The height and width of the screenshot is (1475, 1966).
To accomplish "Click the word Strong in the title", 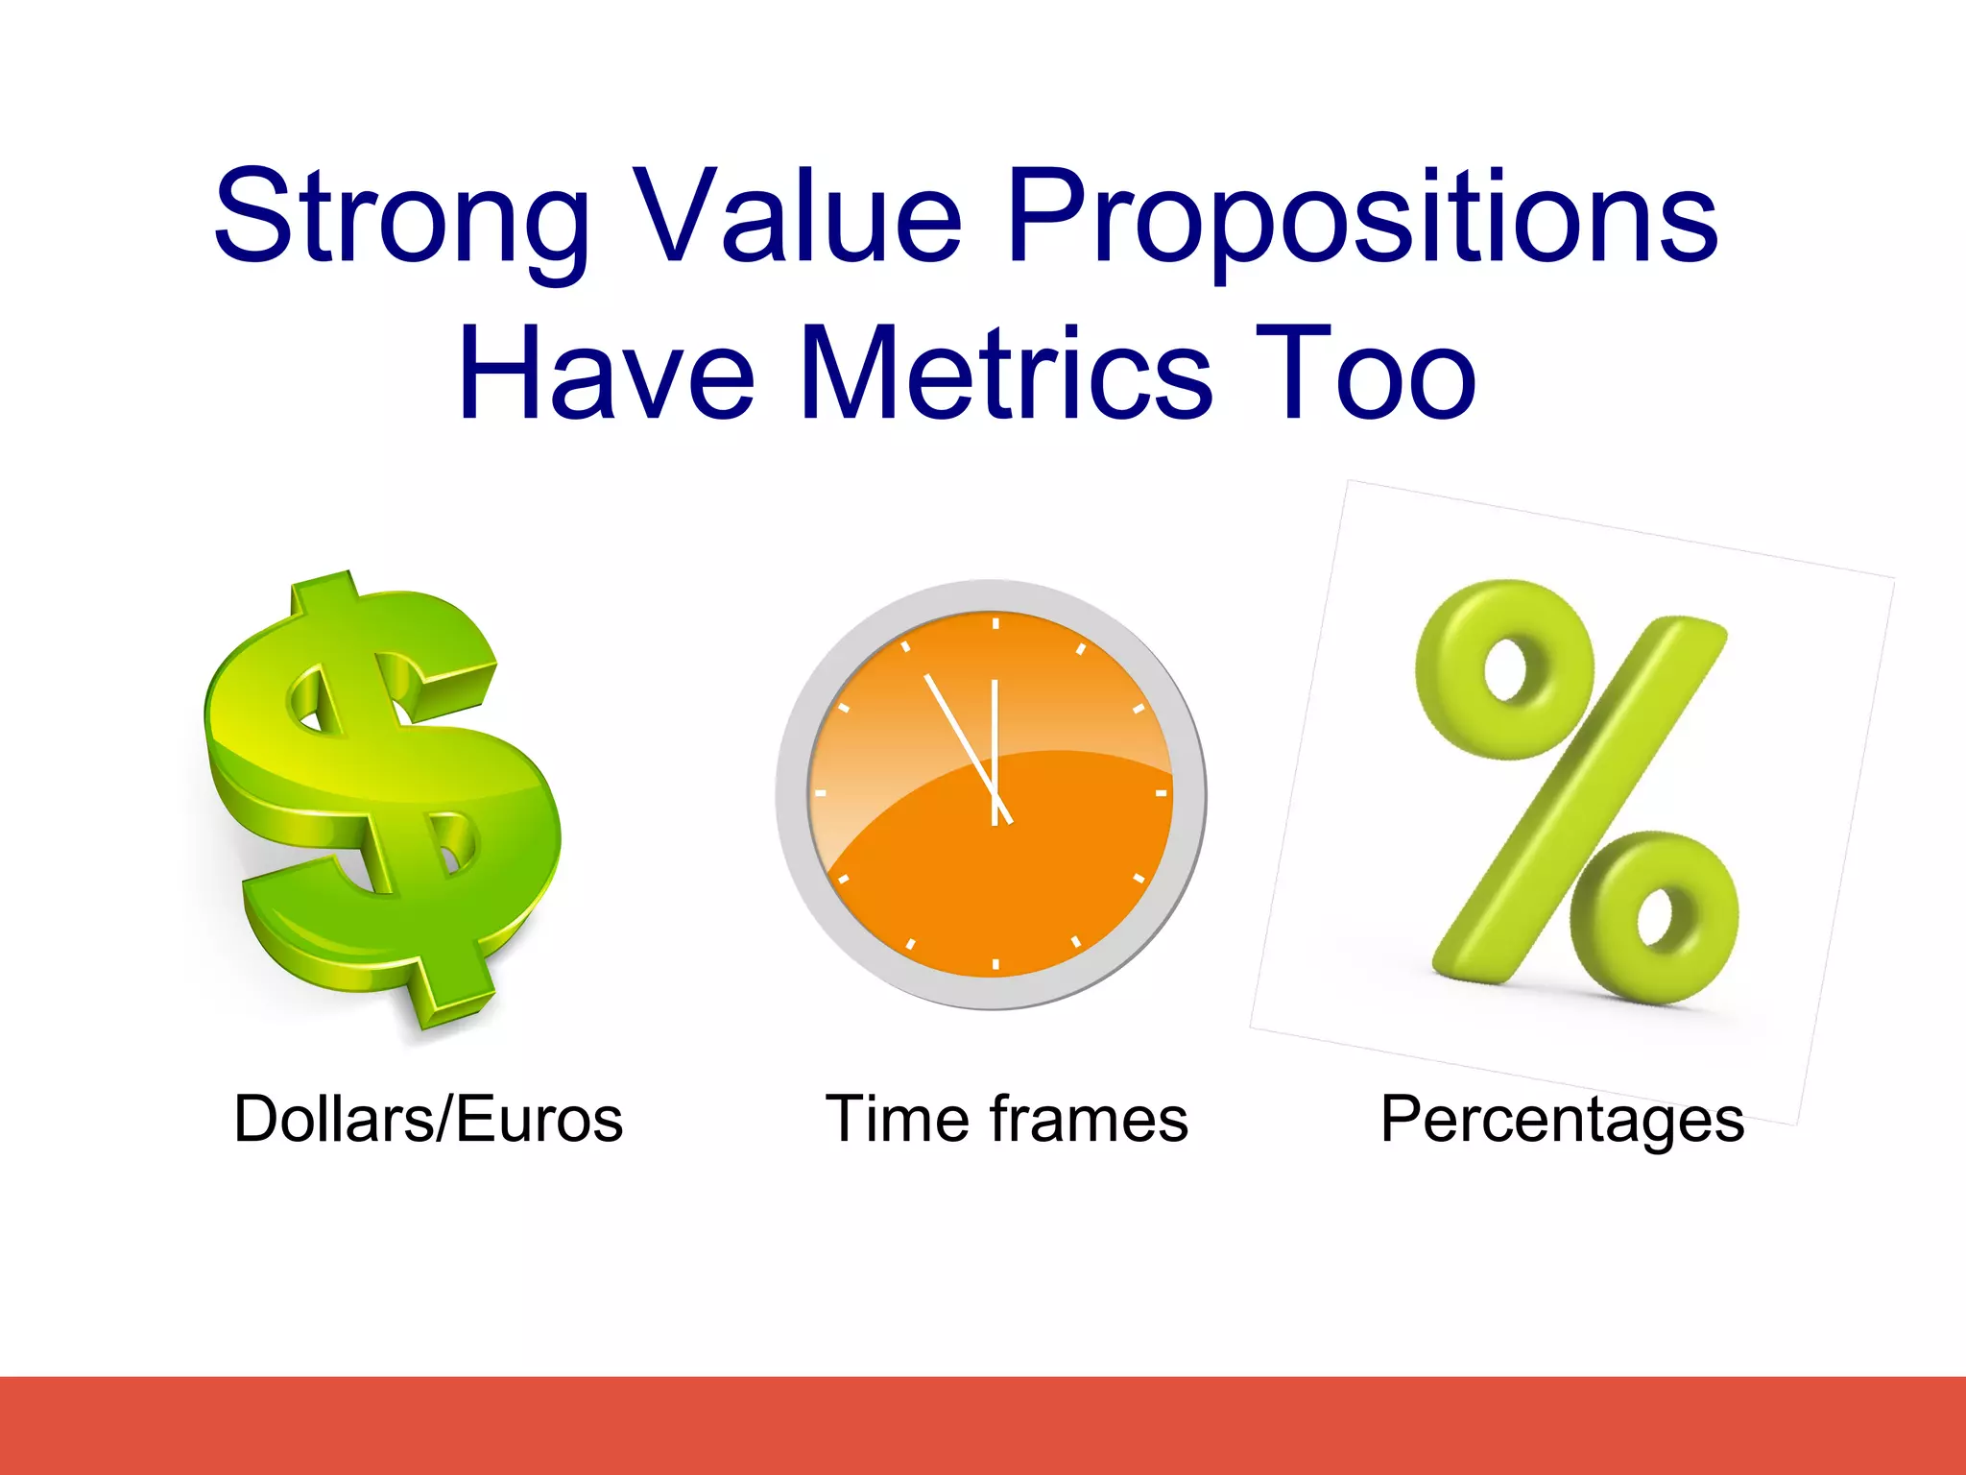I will pyautogui.click(x=400, y=218).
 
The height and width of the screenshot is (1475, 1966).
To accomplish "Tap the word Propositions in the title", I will pyautogui.click(x=1360, y=218).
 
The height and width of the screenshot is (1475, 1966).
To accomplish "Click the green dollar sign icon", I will pyautogui.click(x=384, y=797).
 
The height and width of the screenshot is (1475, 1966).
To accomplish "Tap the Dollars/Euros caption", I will pyautogui.click(x=428, y=1120).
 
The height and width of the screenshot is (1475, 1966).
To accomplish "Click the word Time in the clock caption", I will pyautogui.click(x=899, y=1120).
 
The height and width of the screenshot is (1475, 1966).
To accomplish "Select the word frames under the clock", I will pyautogui.click(x=1089, y=1120).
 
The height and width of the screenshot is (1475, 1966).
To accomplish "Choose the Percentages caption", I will pyautogui.click(x=1562, y=1120).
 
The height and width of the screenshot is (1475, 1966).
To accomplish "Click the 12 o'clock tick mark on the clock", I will pyautogui.click(x=995, y=624).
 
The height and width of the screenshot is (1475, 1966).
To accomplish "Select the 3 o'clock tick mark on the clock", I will pyautogui.click(x=1161, y=794).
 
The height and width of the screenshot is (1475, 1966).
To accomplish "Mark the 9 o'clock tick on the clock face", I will pyautogui.click(x=821, y=794).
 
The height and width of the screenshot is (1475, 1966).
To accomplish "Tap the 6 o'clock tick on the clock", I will pyautogui.click(x=995, y=963).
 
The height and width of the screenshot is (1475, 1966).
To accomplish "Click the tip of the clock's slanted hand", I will pyautogui.click(x=926, y=677).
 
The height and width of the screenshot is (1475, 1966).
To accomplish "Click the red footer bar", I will pyautogui.click(x=983, y=1425).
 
